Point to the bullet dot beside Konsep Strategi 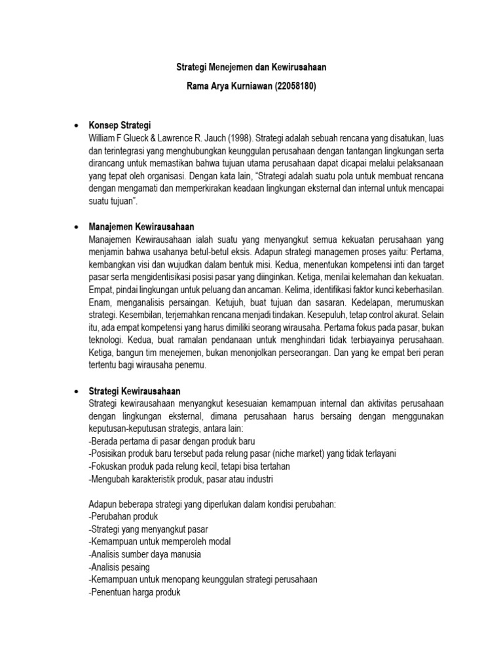(77, 124)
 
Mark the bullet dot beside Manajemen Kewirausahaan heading (77, 226)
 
